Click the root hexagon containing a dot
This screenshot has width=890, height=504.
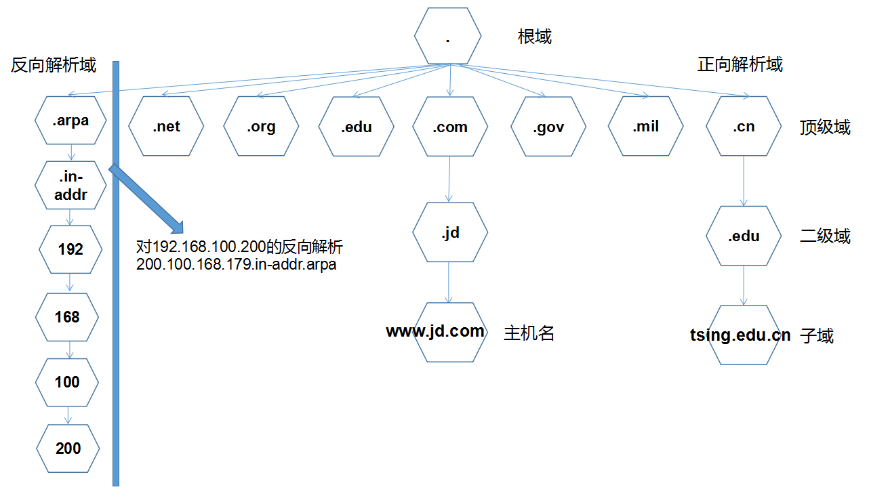[x=448, y=37]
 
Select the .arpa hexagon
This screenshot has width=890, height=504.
[x=70, y=121]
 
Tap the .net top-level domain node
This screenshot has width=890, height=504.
[x=166, y=126]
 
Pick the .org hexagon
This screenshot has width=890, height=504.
[x=261, y=126]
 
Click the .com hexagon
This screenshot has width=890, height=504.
[x=450, y=126]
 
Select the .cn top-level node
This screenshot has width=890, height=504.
[x=744, y=126]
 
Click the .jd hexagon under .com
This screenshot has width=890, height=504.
[x=450, y=232]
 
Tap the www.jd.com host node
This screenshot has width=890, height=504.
[x=450, y=332]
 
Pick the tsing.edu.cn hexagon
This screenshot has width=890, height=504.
[x=744, y=335]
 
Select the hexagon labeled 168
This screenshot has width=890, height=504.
[x=68, y=317]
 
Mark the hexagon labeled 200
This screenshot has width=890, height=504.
[x=68, y=448]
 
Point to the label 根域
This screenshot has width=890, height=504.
[x=535, y=37]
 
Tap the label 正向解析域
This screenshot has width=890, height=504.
[x=740, y=64]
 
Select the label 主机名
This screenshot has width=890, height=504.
[x=529, y=333]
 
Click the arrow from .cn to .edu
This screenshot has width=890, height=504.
[x=744, y=180]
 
